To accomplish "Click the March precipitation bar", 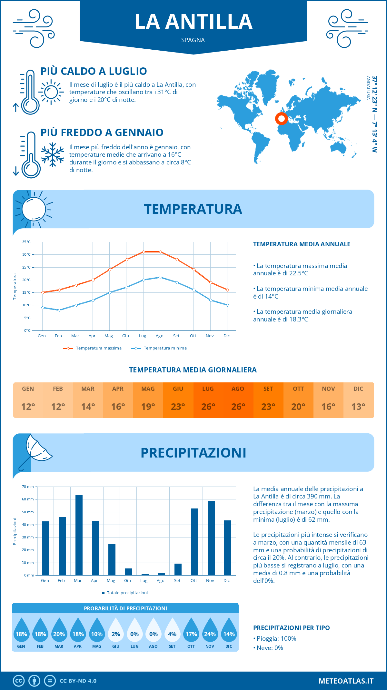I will click(x=79, y=535).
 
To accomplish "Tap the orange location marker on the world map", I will click(x=282, y=119).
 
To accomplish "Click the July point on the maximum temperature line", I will click(x=144, y=252).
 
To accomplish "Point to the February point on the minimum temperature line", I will click(x=59, y=310).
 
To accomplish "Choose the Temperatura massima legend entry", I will click(x=93, y=348).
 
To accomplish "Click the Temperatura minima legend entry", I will click(x=159, y=348).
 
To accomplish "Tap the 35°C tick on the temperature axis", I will click(x=27, y=242).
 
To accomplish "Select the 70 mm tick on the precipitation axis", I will click(x=28, y=487).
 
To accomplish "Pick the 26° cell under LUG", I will click(x=208, y=407).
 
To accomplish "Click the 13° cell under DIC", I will click(x=358, y=407).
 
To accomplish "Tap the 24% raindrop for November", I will click(x=210, y=630).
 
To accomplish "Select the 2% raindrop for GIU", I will click(x=116, y=630).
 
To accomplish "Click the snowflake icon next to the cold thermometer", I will click(x=53, y=155).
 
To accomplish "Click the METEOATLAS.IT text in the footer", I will click(x=346, y=681).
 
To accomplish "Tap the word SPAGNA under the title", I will click(x=193, y=40).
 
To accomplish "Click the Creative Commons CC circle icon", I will click(x=19, y=681).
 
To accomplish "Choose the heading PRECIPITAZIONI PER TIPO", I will click(x=291, y=628).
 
